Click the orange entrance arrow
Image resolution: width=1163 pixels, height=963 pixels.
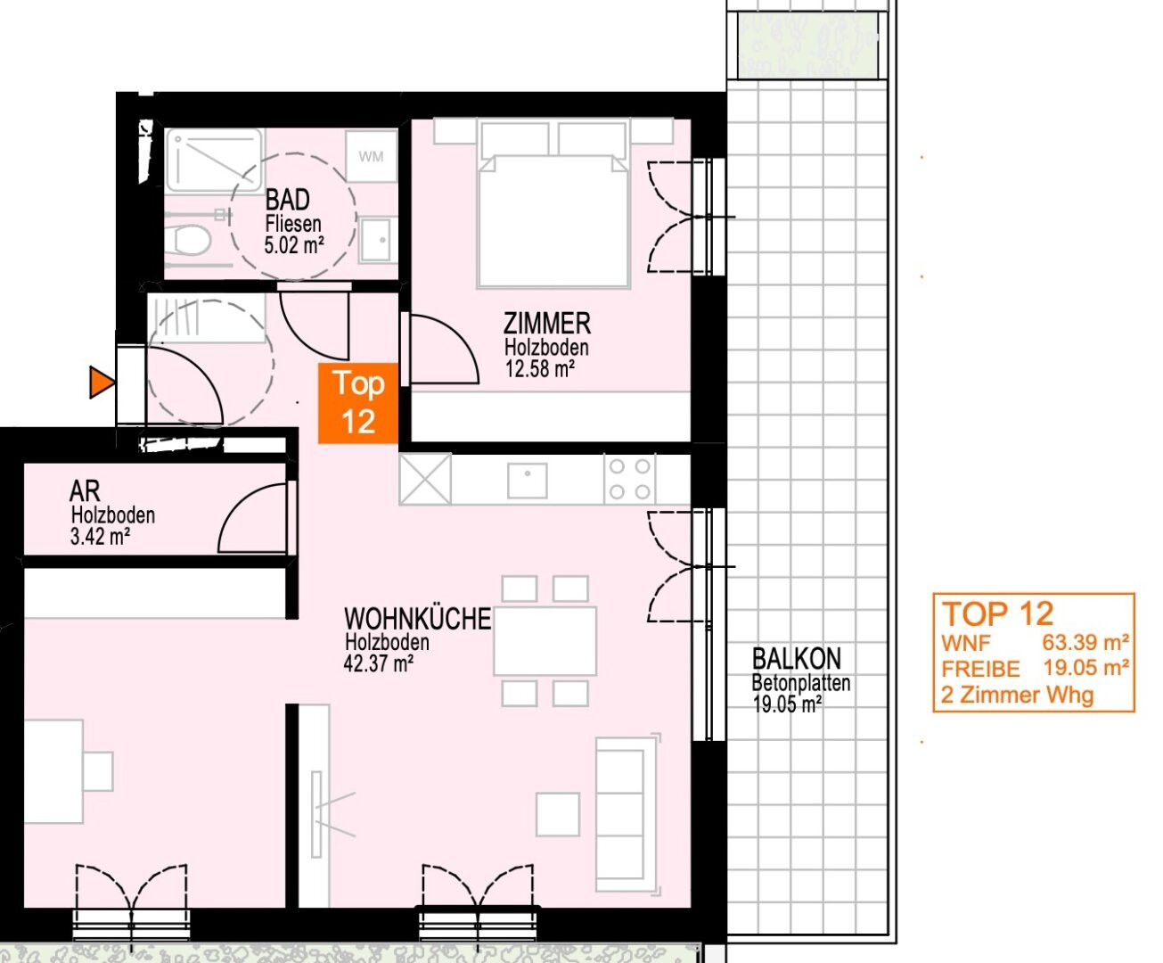[x=102, y=383]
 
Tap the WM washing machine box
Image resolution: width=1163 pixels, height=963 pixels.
[x=371, y=156]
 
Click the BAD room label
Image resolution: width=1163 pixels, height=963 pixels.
[x=287, y=200]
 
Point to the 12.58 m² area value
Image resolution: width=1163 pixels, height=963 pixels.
[x=540, y=369]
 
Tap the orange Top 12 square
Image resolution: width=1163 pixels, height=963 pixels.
[x=358, y=403]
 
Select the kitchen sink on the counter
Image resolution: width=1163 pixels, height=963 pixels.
[x=527, y=481]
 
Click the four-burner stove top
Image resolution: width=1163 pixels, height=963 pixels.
[x=630, y=480]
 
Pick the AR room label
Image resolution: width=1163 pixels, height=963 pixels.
[x=85, y=491]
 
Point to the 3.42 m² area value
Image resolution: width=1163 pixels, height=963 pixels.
[x=100, y=537]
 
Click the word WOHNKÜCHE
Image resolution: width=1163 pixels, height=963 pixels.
[x=418, y=619]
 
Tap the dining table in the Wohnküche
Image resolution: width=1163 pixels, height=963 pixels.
[x=545, y=641]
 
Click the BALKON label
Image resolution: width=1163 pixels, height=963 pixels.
[x=797, y=659]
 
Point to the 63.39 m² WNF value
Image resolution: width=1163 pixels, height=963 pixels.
[x=1085, y=643]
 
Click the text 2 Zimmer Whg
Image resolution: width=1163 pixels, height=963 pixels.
[x=1017, y=695]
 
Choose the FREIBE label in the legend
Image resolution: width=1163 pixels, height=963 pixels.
[x=980, y=669]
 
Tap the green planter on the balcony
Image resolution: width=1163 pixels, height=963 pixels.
[x=807, y=45]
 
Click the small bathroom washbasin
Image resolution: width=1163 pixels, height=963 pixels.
[x=377, y=240]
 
